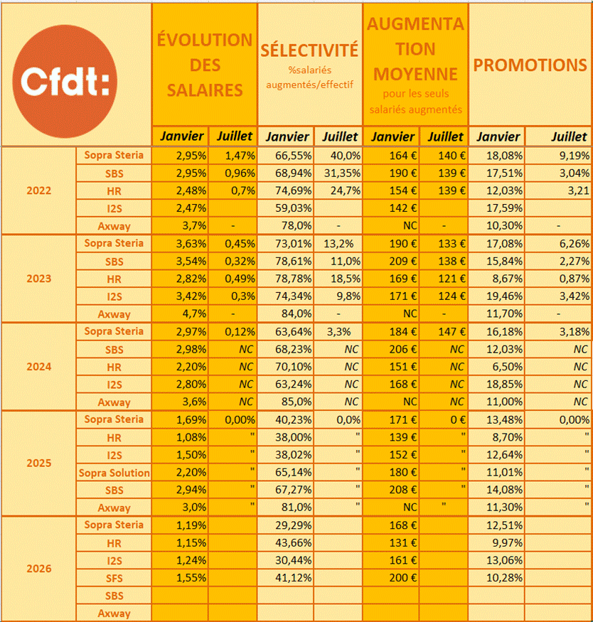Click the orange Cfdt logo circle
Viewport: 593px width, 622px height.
(65, 81)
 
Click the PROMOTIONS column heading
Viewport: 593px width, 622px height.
(530, 65)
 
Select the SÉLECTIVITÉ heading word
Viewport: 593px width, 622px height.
(309, 50)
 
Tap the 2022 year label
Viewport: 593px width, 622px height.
(39, 191)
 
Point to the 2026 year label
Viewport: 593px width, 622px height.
(39, 569)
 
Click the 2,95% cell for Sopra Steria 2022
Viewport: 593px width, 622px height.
(191, 156)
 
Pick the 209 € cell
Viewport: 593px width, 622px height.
(403, 261)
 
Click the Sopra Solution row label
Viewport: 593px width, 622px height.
(114, 473)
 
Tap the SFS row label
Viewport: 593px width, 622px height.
(114, 579)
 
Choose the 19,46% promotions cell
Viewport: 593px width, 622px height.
(505, 296)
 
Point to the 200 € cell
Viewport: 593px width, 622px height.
(403, 577)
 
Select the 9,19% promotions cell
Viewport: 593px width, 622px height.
(575, 156)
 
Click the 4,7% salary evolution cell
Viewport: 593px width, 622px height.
(194, 313)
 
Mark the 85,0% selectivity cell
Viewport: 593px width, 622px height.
(296, 402)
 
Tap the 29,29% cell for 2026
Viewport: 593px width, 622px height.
(294, 525)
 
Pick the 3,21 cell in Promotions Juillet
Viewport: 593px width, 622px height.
(578, 191)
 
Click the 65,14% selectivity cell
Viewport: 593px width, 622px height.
(294, 472)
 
